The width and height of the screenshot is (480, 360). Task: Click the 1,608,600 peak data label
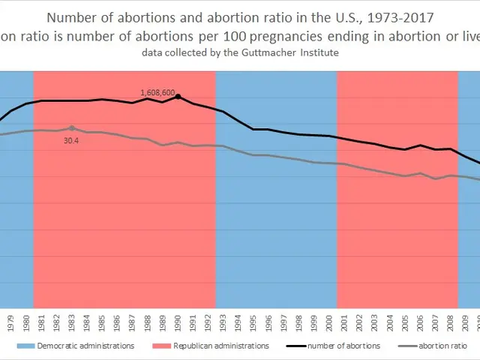pos(157,93)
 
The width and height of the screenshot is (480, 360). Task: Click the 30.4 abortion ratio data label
pos(72,140)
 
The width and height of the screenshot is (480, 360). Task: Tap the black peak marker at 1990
pos(178,97)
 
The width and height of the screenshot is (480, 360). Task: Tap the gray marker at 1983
pos(72,128)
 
